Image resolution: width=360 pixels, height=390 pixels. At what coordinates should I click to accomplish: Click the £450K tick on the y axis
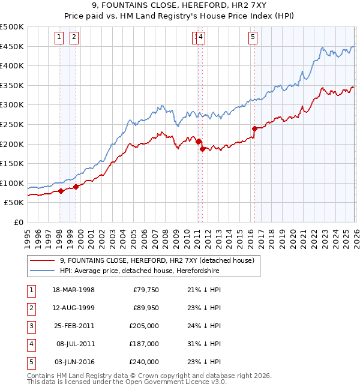(12, 46)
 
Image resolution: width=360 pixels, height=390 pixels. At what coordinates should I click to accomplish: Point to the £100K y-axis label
(12, 183)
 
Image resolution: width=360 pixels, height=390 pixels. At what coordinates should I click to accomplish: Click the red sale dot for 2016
(254, 128)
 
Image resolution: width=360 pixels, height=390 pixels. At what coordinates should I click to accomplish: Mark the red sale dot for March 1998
(61, 191)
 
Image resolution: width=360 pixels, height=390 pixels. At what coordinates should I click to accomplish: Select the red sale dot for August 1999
(76, 187)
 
